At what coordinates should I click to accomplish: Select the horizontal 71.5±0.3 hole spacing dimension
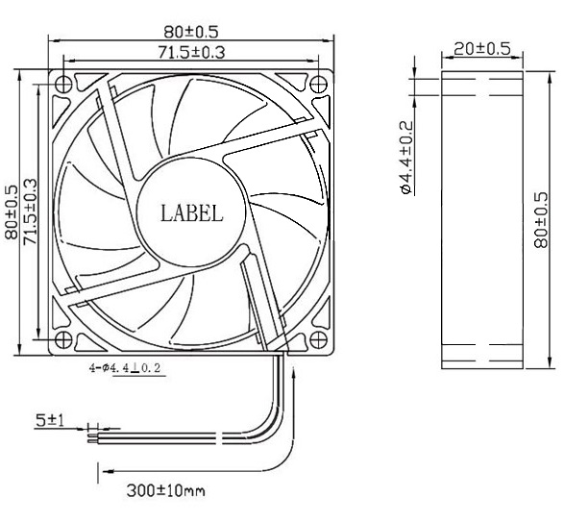(190, 53)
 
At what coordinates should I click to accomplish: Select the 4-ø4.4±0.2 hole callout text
(124, 366)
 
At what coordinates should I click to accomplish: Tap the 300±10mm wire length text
(165, 492)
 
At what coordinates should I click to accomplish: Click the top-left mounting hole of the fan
(63, 84)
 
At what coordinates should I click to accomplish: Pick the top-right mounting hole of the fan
(317, 84)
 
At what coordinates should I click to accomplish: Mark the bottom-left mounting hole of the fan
(63, 339)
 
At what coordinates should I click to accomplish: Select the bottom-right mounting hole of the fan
(317, 339)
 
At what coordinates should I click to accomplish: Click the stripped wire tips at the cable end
(92, 437)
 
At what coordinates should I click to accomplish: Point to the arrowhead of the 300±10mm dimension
(103, 472)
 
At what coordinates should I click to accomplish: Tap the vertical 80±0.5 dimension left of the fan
(11, 211)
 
